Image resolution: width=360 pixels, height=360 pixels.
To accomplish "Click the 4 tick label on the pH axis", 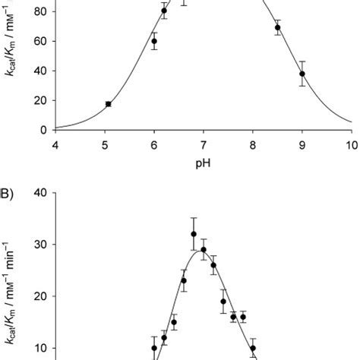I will point(55,144).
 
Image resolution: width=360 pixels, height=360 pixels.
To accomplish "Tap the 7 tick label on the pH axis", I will point(203,144).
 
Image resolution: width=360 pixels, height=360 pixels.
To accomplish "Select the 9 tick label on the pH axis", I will point(302,144).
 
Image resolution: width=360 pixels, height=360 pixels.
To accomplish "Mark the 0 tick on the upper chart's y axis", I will point(43,130).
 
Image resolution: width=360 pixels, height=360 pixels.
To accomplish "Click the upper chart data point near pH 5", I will point(109,104).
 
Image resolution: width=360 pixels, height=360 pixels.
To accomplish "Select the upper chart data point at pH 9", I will point(302,74).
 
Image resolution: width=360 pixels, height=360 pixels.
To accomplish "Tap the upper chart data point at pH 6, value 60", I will point(154,42).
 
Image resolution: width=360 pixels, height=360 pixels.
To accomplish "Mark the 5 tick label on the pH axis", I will point(104,144).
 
